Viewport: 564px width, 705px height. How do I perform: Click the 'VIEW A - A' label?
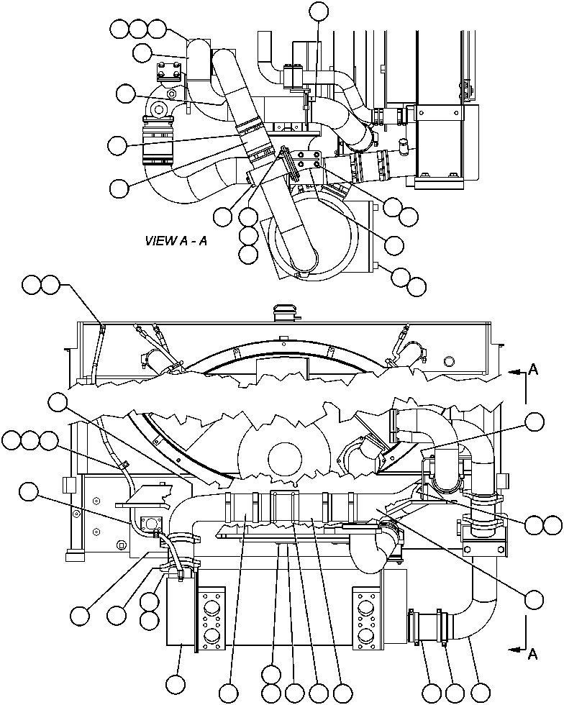pos(176,241)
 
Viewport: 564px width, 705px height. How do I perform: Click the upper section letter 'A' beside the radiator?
pos(533,369)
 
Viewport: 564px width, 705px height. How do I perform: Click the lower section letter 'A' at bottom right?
pos(533,653)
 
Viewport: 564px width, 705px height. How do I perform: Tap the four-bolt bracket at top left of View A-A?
pos(170,73)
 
